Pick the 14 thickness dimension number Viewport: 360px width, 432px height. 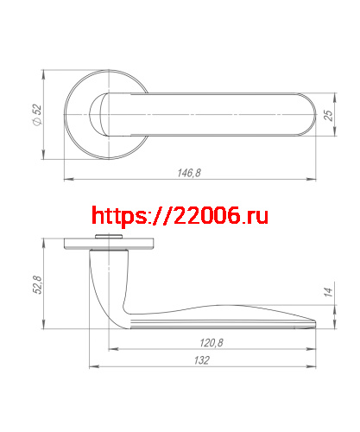pyautogui.click(x=328, y=294)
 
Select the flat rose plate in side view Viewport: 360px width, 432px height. pyautogui.click(x=110, y=245)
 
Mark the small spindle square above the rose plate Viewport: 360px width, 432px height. pyautogui.click(x=109, y=235)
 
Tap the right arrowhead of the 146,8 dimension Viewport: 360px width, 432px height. pyautogui.click(x=313, y=180)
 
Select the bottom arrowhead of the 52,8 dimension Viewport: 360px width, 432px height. pyautogui.click(x=45, y=326)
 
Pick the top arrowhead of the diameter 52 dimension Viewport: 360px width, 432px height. pyautogui.click(x=45, y=72)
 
